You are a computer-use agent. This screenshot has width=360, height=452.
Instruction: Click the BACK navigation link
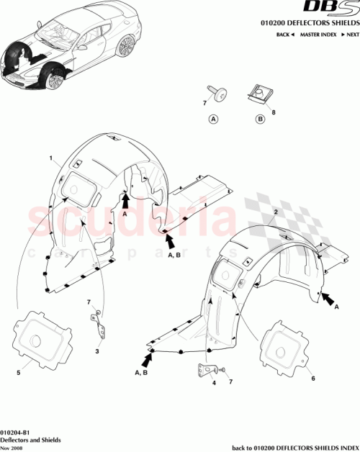tap(284, 35)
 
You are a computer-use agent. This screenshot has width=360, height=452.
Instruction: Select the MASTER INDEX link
tap(318, 35)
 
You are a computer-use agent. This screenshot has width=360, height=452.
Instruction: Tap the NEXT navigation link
tap(350, 35)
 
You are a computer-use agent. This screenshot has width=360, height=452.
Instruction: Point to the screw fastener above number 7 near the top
tap(217, 90)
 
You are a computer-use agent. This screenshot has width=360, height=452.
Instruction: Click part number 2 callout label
tap(276, 213)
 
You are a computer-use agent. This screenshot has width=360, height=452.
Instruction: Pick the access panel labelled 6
tap(287, 351)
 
